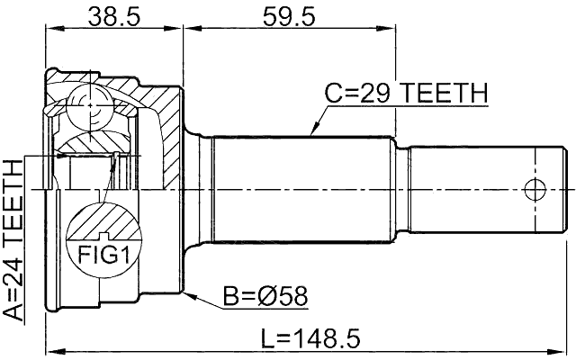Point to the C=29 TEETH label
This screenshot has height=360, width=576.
tap(406, 93)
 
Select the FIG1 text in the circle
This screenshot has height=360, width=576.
tap(101, 256)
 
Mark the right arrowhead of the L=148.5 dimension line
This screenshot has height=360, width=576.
tap(566, 352)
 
